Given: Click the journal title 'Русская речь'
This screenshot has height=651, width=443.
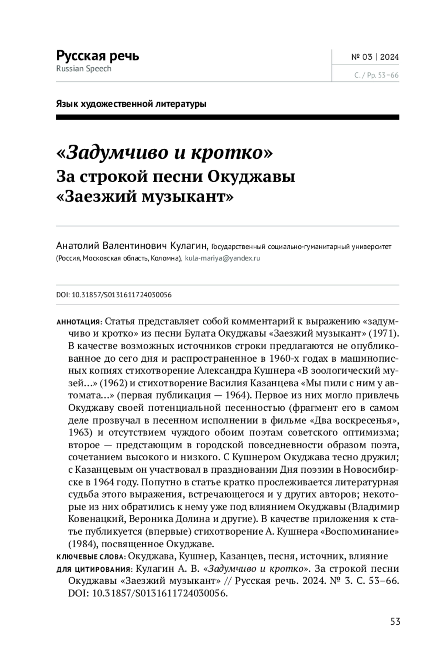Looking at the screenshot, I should [x=97, y=56].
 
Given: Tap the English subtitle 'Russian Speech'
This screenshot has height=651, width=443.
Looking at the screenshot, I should [x=84, y=69].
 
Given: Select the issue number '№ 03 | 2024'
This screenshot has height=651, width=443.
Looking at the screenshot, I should [x=375, y=57].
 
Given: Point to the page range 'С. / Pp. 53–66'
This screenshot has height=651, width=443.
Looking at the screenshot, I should [x=376, y=75].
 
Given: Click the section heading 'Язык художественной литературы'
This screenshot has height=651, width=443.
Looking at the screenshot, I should [x=131, y=104].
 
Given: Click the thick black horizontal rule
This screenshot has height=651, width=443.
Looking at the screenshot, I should [x=227, y=117].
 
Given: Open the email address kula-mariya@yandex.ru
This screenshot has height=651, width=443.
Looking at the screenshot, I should [x=222, y=258].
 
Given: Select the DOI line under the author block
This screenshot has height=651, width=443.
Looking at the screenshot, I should [x=114, y=295].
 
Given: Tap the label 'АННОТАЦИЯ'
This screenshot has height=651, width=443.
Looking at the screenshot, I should [x=78, y=322].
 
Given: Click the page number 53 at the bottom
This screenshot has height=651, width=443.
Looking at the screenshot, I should [x=395, y=621].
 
